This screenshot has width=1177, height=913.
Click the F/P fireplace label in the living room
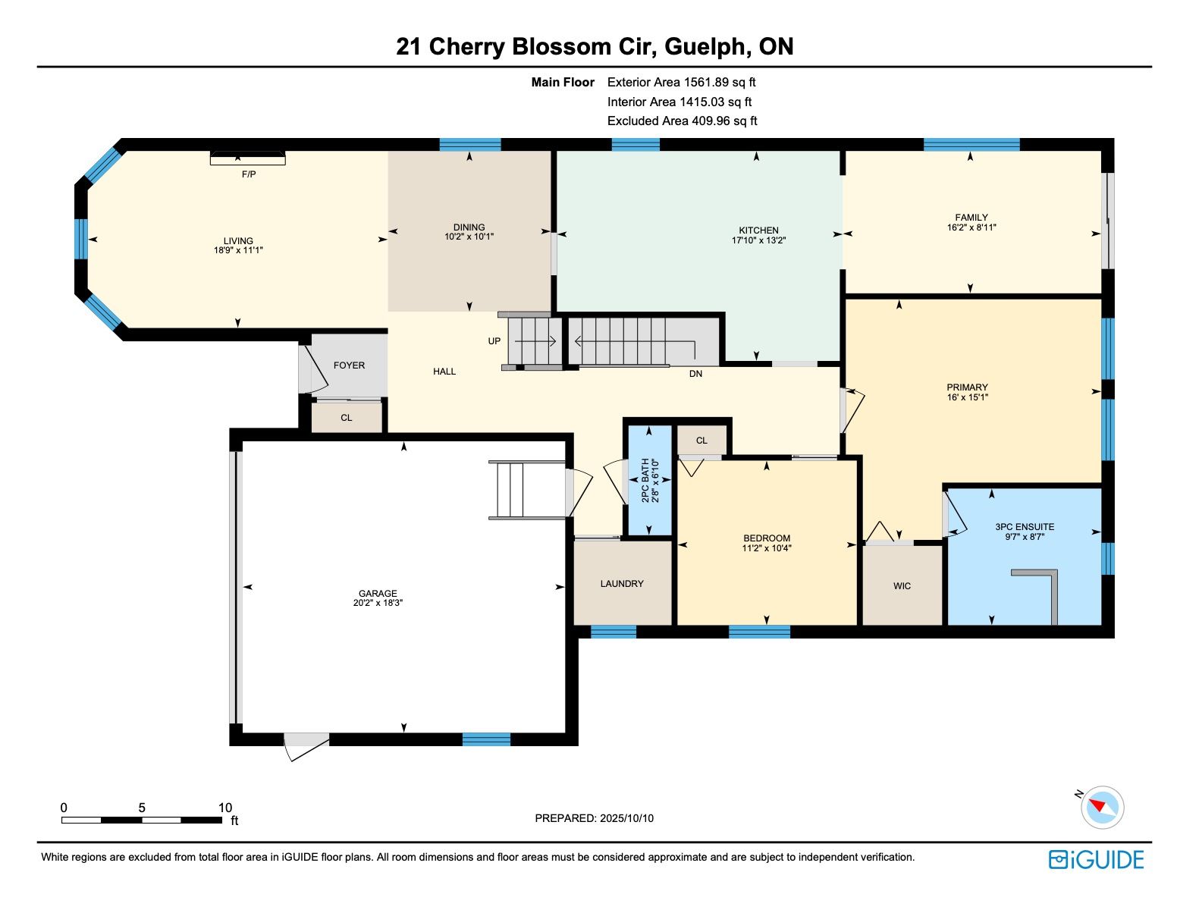249,174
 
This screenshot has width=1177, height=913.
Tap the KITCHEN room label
758,230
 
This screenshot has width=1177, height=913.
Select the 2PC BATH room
649,480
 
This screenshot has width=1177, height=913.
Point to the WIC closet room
902,585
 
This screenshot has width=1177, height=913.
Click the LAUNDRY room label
622,584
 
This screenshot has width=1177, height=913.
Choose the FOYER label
349,366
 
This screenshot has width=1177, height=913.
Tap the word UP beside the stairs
494,341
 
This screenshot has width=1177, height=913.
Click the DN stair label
695,374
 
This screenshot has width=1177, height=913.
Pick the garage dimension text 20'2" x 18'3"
378,603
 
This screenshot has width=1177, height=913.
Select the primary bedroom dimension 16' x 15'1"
968,397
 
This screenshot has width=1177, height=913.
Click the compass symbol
1101,807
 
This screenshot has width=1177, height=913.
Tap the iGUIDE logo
1095,859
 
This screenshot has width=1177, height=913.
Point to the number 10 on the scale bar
224,808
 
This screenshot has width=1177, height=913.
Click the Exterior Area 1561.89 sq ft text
681,83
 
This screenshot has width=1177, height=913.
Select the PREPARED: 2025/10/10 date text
594,818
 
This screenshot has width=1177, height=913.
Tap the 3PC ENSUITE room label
1025,527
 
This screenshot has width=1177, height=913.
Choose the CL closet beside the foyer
347,418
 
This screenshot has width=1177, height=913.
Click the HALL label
444,372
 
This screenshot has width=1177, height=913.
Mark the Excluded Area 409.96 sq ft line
682,121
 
